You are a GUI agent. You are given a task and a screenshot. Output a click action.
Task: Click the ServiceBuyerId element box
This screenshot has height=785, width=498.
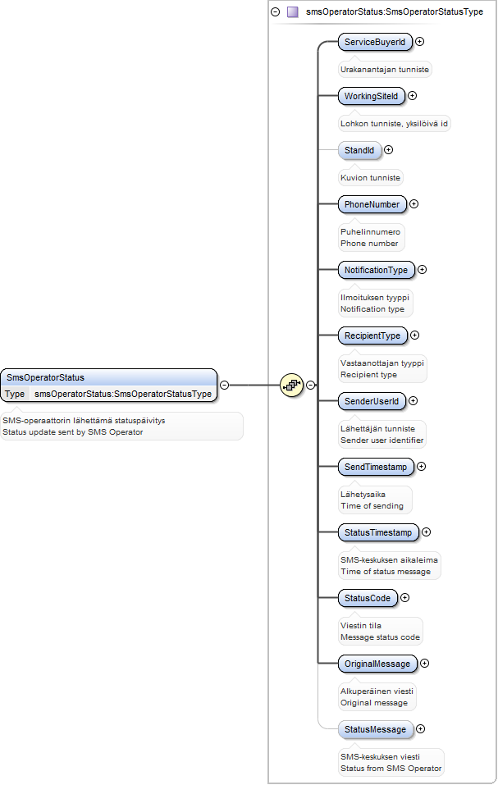pyautogui.click(x=375, y=42)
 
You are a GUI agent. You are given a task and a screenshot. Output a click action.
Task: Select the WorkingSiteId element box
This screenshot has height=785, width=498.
pyautogui.click(x=372, y=96)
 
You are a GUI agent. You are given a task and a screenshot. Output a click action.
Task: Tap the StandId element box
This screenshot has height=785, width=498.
pyautogui.click(x=359, y=150)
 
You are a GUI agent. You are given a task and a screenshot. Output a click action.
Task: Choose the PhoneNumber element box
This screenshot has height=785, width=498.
pyautogui.click(x=372, y=204)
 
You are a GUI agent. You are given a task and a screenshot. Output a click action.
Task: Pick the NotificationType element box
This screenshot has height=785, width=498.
pyautogui.click(x=376, y=270)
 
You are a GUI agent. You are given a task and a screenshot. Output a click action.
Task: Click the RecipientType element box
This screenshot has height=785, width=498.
pyautogui.click(x=372, y=335)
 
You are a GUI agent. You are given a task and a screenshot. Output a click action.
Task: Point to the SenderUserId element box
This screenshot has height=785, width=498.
pyautogui.click(x=372, y=401)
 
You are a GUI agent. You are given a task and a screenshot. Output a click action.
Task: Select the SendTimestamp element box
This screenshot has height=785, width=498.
pyautogui.click(x=376, y=467)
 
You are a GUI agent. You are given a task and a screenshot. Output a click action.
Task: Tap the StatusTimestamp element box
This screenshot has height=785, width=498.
pyautogui.click(x=378, y=532)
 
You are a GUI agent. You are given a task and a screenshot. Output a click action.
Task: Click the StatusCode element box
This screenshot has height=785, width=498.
pyautogui.click(x=368, y=598)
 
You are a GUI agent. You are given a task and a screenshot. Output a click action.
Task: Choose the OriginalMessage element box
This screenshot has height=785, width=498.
pyautogui.click(x=377, y=664)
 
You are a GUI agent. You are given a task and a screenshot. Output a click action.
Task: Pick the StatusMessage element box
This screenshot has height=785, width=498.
pyautogui.click(x=376, y=729)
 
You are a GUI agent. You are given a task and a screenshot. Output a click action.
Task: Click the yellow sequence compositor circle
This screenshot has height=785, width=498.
pyautogui.click(x=292, y=385)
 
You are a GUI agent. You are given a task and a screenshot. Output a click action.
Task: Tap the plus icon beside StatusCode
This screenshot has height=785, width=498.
pyautogui.click(x=405, y=597)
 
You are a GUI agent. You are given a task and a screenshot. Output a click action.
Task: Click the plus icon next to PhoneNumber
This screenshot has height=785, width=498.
pyautogui.click(x=414, y=203)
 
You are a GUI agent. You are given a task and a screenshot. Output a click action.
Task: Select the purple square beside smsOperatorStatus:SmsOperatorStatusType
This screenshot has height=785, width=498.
pyautogui.click(x=293, y=11)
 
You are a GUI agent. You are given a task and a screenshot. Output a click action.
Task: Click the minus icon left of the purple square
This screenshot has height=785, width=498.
pyautogui.click(x=276, y=11)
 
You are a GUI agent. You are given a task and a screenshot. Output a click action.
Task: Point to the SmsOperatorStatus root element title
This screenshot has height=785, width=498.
pyautogui.click(x=46, y=377)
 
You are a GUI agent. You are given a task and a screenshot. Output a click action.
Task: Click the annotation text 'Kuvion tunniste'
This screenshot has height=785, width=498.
pyautogui.click(x=370, y=178)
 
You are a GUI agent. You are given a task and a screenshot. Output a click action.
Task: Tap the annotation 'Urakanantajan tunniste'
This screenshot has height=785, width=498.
pyautogui.click(x=385, y=70)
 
